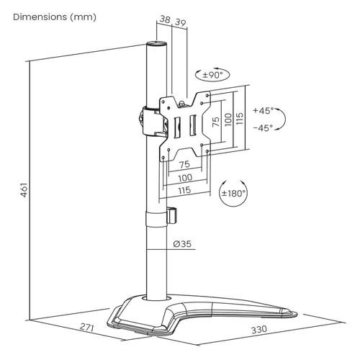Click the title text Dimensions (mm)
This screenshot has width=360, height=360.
point(55,17)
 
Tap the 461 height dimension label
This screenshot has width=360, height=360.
point(24,190)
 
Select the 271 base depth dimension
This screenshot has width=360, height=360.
point(87,327)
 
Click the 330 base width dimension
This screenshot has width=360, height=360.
point(259,330)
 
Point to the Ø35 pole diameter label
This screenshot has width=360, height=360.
point(182,244)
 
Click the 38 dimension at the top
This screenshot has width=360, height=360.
point(165,19)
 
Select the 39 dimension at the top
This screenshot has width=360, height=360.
point(181,22)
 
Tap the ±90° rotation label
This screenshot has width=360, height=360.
point(212,75)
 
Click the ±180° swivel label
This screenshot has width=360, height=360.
point(233,193)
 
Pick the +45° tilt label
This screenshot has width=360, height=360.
point(263,110)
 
